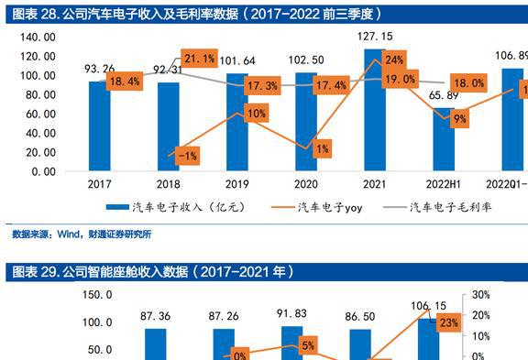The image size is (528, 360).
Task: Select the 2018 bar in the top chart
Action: [x=169, y=126]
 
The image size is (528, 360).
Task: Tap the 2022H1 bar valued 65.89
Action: [x=444, y=139]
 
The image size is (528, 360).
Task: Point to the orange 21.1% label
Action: [x=199, y=60]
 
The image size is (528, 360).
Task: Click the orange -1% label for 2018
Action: [x=188, y=156]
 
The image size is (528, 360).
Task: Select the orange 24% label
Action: [x=394, y=60]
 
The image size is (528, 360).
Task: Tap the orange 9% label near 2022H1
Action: [x=459, y=118]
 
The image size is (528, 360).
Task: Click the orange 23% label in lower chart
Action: [x=448, y=322]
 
